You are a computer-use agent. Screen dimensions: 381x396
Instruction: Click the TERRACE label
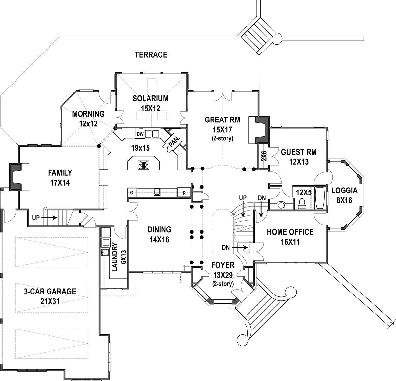point(151,55)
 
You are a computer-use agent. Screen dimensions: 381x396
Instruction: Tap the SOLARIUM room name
point(150,98)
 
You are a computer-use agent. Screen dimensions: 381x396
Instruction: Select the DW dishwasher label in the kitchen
point(140,134)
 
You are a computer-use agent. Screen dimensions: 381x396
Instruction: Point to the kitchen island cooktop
point(144,164)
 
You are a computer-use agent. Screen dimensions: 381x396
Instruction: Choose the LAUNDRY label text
point(115,257)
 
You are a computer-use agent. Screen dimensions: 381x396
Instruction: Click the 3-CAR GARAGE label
point(50,292)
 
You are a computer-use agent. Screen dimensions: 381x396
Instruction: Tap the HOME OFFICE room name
point(290,232)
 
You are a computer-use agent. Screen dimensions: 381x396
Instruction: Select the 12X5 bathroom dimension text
point(304,192)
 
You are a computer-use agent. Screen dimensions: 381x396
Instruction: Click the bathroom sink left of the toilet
point(281,205)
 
